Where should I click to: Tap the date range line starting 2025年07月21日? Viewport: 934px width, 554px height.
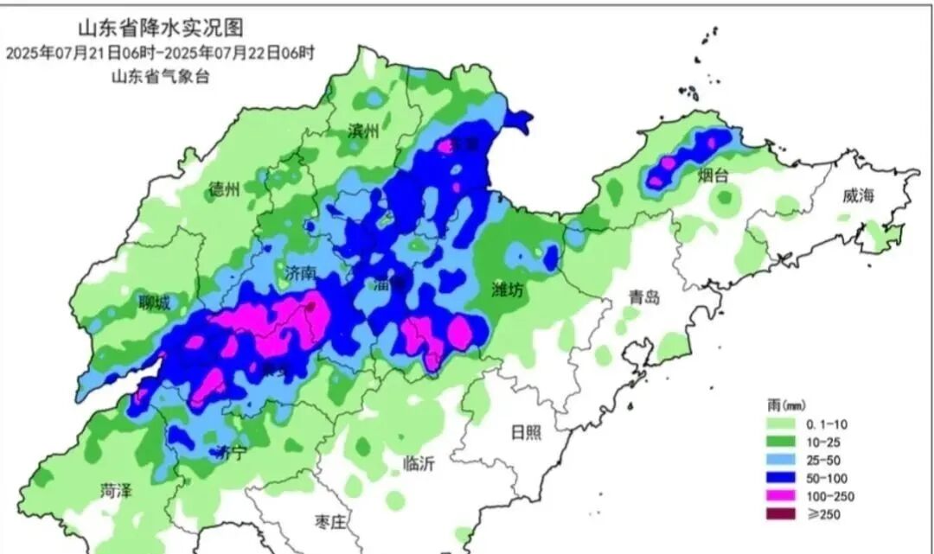(x=159, y=53)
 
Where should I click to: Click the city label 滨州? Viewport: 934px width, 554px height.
(x=363, y=131)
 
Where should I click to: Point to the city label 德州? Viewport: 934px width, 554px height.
(x=225, y=190)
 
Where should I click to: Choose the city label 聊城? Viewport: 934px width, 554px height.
(x=154, y=302)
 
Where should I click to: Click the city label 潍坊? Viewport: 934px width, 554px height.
(x=508, y=290)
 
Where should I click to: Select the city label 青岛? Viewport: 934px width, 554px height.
(x=644, y=297)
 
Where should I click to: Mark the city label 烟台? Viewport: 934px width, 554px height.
(x=713, y=175)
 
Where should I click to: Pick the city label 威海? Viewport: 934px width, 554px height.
(x=860, y=196)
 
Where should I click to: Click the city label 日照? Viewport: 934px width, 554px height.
(x=527, y=431)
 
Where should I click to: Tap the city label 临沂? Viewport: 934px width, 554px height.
(x=419, y=463)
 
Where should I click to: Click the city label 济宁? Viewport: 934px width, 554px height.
(x=231, y=451)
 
